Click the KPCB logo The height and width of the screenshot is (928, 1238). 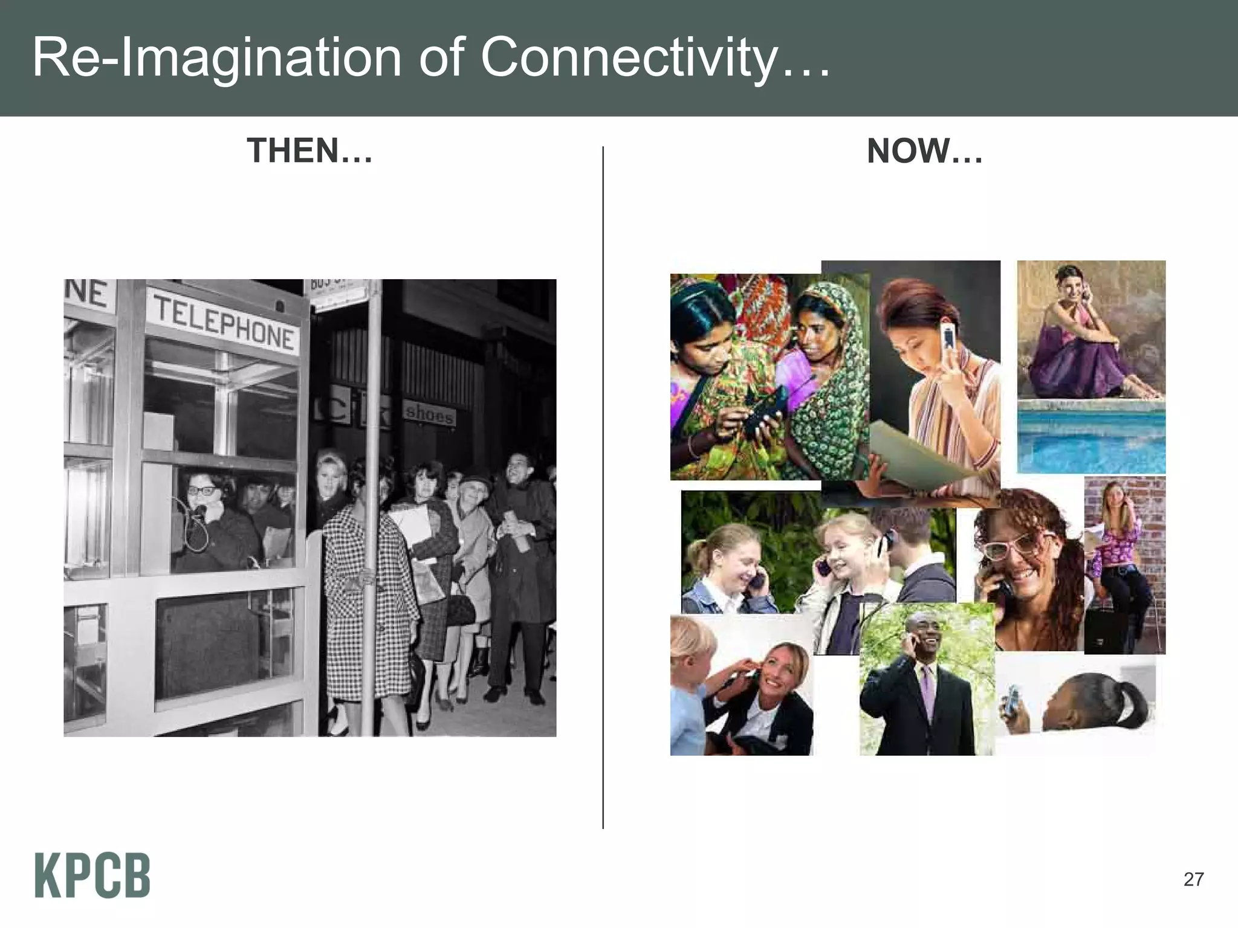coord(92,875)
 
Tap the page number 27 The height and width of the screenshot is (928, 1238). coord(1193,879)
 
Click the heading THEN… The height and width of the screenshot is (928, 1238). coord(309,151)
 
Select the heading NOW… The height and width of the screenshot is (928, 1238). coord(924,152)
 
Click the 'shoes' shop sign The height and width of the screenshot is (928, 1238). coord(429,414)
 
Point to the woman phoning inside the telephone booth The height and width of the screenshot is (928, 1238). coord(209,520)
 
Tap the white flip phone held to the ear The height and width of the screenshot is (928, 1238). coord(948,337)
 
